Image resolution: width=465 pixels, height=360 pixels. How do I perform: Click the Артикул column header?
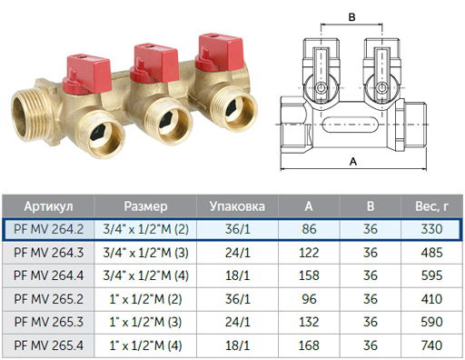pyautogui.click(x=48, y=206)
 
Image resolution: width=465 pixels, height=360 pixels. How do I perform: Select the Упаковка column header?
pyautogui.click(x=237, y=206)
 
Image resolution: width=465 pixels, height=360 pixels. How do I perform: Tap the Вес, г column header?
pyautogui.click(x=431, y=206)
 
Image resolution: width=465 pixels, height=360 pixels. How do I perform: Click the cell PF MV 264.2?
pyautogui.click(x=48, y=229)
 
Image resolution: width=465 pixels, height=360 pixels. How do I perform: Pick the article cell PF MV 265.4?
pyautogui.click(x=48, y=345)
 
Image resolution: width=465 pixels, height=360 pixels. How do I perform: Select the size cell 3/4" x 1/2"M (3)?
pyautogui.click(x=145, y=253)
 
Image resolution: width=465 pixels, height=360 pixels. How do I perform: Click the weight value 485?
pyautogui.click(x=431, y=253)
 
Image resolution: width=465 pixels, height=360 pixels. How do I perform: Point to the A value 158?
pyautogui.click(x=309, y=275)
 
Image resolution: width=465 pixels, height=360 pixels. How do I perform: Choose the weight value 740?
pyautogui.click(x=431, y=345)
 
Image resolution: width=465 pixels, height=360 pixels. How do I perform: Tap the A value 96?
pyautogui.click(x=309, y=299)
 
